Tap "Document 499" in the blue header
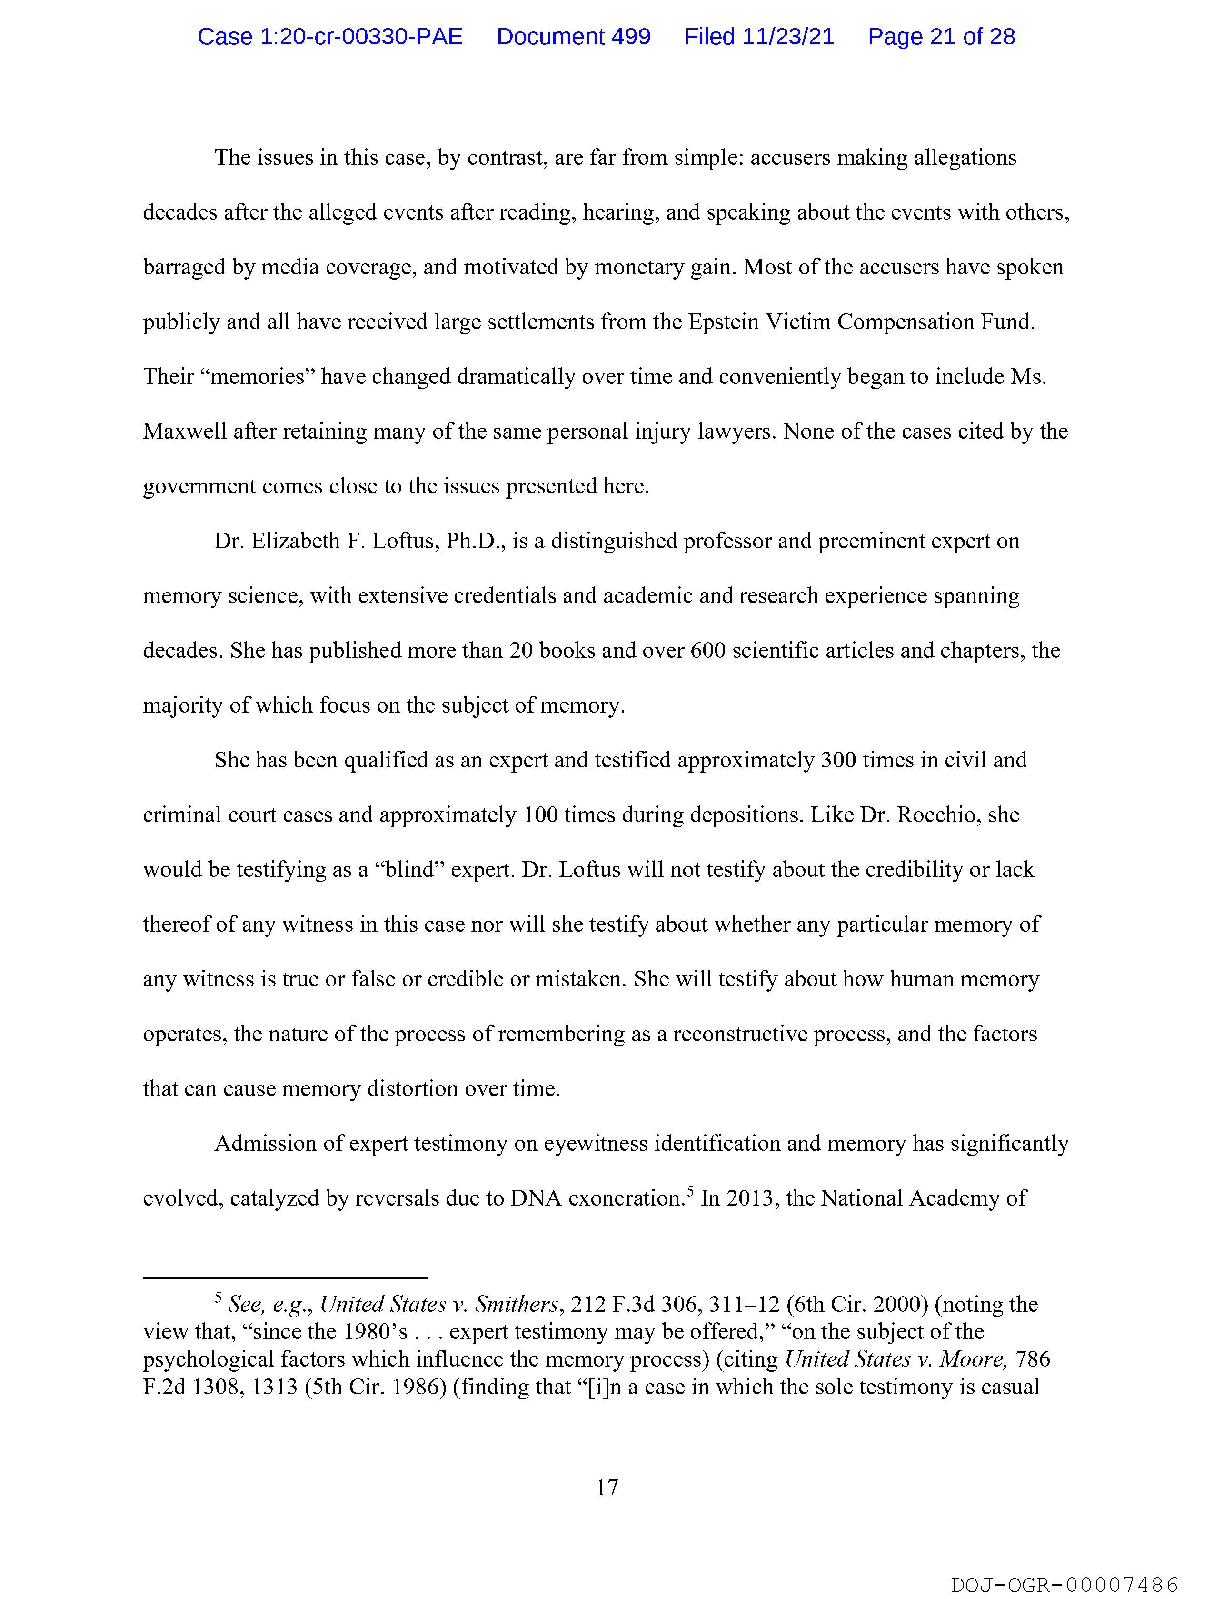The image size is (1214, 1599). tap(573, 37)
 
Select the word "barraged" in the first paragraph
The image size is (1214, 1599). tap(184, 268)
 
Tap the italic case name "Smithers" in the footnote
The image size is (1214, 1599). tap(516, 1305)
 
